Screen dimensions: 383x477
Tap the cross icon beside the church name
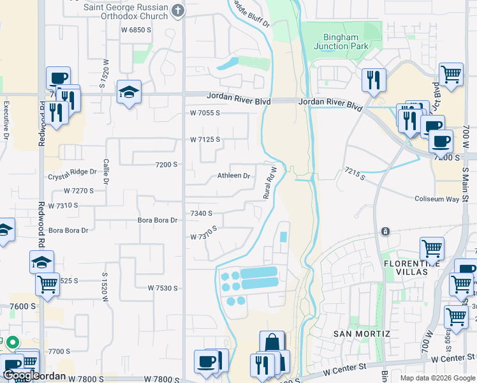click(178, 10)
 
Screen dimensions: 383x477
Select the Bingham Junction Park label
click(341, 41)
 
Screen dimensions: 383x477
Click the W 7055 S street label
click(205, 113)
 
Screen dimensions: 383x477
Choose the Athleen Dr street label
click(233, 176)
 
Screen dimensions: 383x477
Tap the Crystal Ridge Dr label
click(72, 172)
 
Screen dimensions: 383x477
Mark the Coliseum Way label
click(437, 199)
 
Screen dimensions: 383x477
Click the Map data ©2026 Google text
click(437, 377)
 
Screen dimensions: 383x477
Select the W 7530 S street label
click(163, 289)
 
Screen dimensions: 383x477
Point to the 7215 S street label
click(355, 173)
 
